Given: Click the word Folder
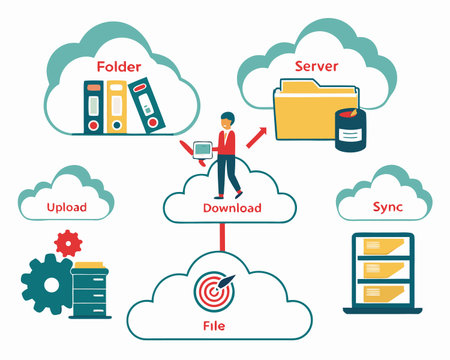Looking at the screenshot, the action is (118, 67).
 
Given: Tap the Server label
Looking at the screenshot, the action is (317, 66).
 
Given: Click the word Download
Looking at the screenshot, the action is (232, 208).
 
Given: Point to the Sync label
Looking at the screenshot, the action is (387, 207).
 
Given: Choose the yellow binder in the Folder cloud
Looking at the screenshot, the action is (118, 107).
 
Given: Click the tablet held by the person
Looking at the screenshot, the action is (203, 150).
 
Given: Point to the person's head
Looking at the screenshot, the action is (226, 119).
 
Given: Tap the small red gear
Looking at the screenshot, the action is (68, 241).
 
